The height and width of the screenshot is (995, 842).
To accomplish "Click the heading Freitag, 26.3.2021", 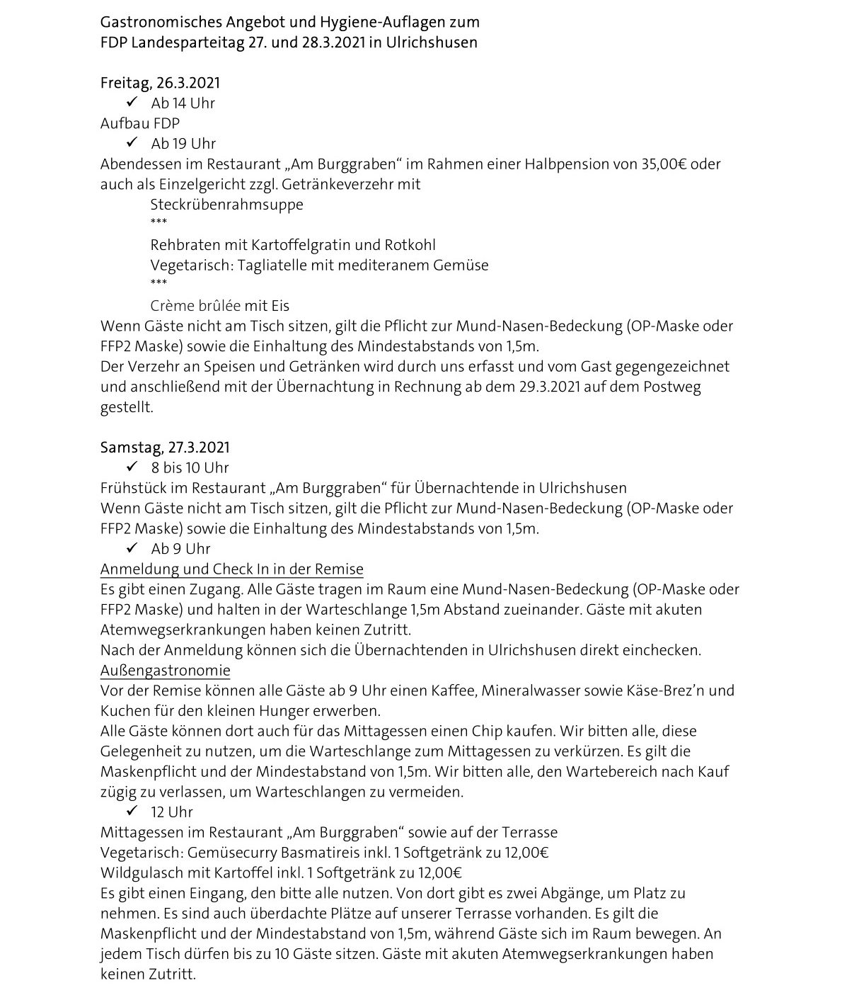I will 160,83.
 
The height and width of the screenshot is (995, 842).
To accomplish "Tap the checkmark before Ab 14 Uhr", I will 131,103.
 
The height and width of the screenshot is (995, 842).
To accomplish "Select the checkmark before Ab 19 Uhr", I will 131,143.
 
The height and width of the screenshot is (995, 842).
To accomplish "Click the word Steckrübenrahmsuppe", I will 226,205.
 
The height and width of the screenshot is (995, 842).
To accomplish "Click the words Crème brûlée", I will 195,306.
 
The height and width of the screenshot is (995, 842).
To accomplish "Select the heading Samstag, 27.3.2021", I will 165,448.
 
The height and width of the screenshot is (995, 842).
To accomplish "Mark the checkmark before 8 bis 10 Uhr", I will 131,467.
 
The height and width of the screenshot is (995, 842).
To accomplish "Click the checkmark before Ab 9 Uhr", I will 131,548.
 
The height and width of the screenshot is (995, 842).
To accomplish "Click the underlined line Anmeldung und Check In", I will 231,569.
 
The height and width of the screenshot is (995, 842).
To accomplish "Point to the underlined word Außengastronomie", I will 165,671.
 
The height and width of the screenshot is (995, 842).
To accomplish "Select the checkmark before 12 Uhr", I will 131,812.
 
